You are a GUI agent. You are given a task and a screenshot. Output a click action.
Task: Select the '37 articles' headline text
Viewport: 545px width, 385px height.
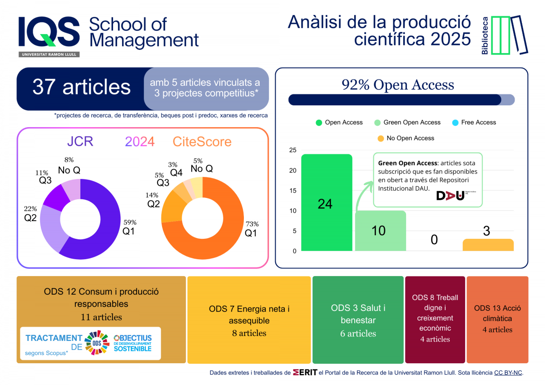(81, 87)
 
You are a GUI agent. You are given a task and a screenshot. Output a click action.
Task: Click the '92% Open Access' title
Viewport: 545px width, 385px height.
(397, 85)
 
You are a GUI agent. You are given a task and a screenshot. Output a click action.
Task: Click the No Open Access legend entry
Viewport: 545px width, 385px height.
(406, 138)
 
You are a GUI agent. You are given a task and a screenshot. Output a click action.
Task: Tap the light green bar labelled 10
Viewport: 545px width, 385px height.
(380, 231)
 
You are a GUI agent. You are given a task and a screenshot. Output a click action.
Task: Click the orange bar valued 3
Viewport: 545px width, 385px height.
(488, 245)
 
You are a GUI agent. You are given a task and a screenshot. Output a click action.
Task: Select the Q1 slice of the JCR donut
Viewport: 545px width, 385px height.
(104, 236)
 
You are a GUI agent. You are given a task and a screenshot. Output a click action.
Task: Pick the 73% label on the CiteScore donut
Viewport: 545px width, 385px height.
(252, 224)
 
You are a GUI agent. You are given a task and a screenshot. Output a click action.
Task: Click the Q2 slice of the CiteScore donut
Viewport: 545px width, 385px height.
(172, 208)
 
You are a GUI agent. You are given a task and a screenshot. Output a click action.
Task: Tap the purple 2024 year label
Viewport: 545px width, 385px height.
(140, 142)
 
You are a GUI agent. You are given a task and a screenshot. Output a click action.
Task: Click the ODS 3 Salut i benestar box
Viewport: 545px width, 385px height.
(358, 320)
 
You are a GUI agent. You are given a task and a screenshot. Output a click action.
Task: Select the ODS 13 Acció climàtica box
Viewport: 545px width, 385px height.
(497, 320)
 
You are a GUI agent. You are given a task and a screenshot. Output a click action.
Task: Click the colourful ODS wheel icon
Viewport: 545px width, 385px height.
(96, 343)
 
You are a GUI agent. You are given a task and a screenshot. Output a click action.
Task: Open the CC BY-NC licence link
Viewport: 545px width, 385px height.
(508, 373)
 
